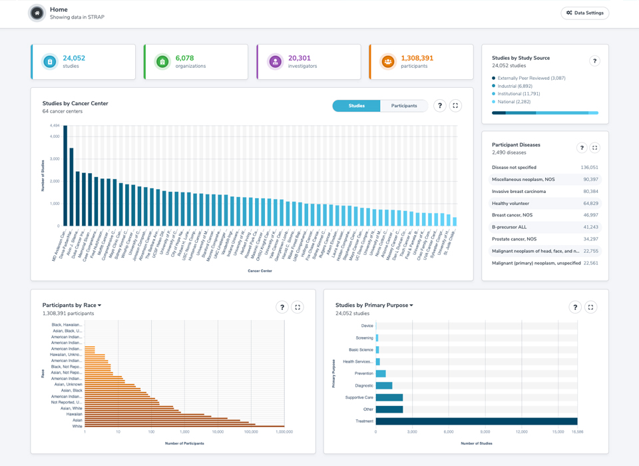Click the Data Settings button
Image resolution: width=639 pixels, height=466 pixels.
click(x=585, y=13)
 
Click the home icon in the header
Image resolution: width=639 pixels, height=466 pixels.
click(x=37, y=13)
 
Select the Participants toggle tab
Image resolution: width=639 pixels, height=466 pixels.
click(x=404, y=106)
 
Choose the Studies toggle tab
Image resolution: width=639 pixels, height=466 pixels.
click(x=356, y=106)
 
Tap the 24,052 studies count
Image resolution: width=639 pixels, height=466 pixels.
click(x=74, y=59)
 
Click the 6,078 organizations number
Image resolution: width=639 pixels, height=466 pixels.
click(x=185, y=59)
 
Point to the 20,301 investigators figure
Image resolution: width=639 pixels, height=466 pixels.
click(x=300, y=59)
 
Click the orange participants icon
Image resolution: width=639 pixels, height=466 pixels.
click(x=388, y=62)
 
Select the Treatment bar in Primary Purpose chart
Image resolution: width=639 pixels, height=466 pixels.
click(x=476, y=421)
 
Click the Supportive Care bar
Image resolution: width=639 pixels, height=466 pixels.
click(x=389, y=397)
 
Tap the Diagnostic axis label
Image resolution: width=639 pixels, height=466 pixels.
click(x=364, y=385)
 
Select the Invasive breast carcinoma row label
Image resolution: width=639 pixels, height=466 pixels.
click(x=519, y=191)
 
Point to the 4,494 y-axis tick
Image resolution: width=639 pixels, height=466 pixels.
click(x=55, y=126)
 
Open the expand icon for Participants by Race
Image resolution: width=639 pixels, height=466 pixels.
click(x=298, y=307)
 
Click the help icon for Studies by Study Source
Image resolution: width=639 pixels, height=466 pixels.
click(x=594, y=61)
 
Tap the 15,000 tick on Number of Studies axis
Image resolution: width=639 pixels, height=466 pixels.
click(x=558, y=432)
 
